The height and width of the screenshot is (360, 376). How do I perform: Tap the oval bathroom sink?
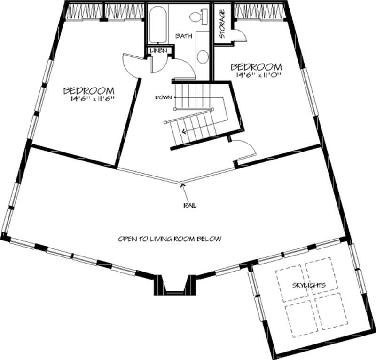(203, 57)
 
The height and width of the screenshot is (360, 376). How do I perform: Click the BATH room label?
(183, 36)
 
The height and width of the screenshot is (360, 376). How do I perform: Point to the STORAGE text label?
(222, 24)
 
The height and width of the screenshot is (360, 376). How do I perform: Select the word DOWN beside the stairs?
(163, 97)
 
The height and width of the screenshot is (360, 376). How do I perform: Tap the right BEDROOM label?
(257, 66)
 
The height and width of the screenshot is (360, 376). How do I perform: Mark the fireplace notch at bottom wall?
(174, 285)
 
